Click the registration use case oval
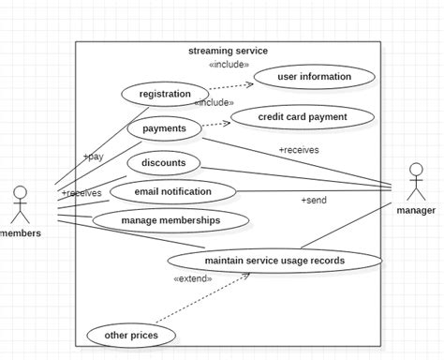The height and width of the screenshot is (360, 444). (x=165, y=94)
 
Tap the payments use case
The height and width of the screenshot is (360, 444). (x=164, y=128)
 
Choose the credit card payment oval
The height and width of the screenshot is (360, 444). (x=303, y=117)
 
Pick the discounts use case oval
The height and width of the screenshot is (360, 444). (x=164, y=162)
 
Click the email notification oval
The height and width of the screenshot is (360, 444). (x=173, y=192)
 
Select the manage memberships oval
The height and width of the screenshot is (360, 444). (x=170, y=220)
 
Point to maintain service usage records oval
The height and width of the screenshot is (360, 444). (x=274, y=260)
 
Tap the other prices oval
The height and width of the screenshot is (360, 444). (x=129, y=335)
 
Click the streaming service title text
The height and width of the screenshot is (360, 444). (x=228, y=51)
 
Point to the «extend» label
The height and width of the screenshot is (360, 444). (x=192, y=278)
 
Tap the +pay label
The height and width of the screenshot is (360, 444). (x=93, y=157)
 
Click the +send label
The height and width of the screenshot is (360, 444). (x=313, y=201)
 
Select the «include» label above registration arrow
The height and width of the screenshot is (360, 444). (x=229, y=65)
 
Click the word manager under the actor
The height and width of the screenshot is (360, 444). (x=416, y=211)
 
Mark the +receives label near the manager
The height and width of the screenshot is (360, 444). (x=298, y=149)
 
